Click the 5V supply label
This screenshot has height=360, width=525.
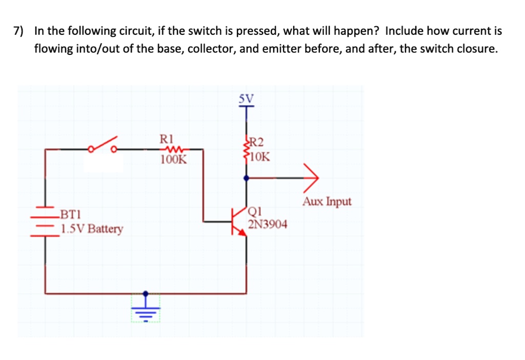[x=246, y=98]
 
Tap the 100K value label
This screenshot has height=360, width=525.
[x=173, y=159]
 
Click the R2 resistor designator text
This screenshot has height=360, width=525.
[x=256, y=143]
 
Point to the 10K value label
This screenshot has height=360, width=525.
[x=260, y=157]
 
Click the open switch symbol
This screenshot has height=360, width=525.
[x=103, y=145]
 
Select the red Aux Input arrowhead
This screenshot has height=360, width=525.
[x=311, y=178]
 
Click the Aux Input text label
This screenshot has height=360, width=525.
[x=327, y=202]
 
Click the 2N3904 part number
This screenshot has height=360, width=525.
[x=268, y=224]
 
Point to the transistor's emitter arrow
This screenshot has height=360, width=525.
[x=241, y=232]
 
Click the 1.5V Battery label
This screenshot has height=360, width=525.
[x=92, y=229]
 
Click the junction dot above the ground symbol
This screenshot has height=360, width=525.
[x=145, y=294]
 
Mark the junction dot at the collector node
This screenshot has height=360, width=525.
[x=247, y=178]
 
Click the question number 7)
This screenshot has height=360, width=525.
[x=19, y=31]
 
